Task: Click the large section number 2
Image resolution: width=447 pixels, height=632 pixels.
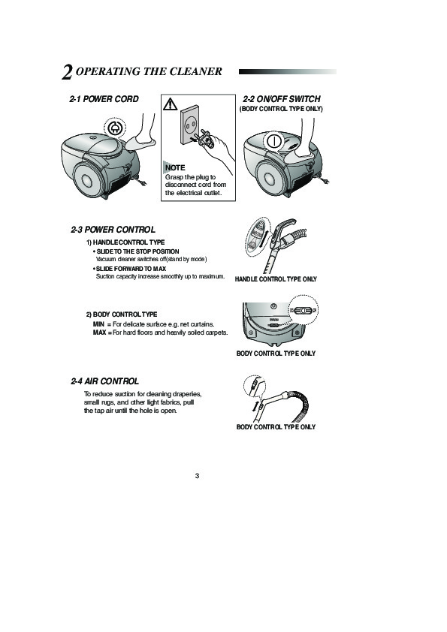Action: [67, 72]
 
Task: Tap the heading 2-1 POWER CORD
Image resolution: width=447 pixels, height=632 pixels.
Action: [104, 99]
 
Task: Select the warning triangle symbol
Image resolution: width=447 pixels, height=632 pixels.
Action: [171, 105]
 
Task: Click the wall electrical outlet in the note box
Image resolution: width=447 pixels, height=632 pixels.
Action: [189, 125]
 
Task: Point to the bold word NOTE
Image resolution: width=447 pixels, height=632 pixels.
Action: [175, 167]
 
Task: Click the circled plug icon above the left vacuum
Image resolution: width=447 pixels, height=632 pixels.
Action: [115, 128]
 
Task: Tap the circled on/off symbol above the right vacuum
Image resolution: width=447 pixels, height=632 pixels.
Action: [273, 141]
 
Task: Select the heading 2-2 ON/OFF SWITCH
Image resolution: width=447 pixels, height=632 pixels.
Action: [282, 99]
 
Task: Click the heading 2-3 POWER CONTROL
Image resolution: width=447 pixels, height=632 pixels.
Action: [113, 230]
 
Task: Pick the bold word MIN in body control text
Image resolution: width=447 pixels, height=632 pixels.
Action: [98, 324]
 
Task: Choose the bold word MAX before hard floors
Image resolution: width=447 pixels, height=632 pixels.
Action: [100, 333]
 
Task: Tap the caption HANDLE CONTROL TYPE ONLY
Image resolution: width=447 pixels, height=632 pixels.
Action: [276, 279]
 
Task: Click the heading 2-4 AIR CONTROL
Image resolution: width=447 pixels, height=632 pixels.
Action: [105, 381]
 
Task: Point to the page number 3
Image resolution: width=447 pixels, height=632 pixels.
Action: [198, 476]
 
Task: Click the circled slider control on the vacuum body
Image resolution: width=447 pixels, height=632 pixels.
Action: [304, 310]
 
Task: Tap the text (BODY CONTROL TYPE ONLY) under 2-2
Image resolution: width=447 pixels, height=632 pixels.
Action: [281, 109]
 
